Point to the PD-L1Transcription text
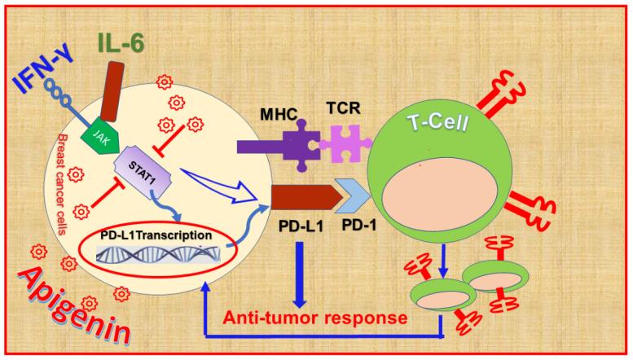[x=156, y=235]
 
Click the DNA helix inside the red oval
[x=155, y=256]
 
